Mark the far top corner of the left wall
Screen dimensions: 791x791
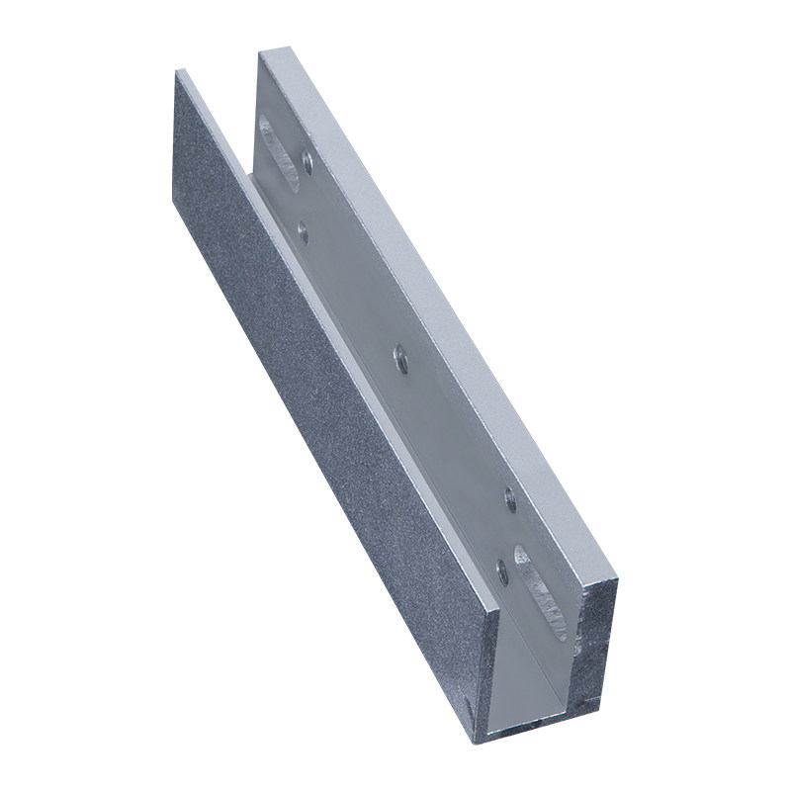(180, 70)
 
